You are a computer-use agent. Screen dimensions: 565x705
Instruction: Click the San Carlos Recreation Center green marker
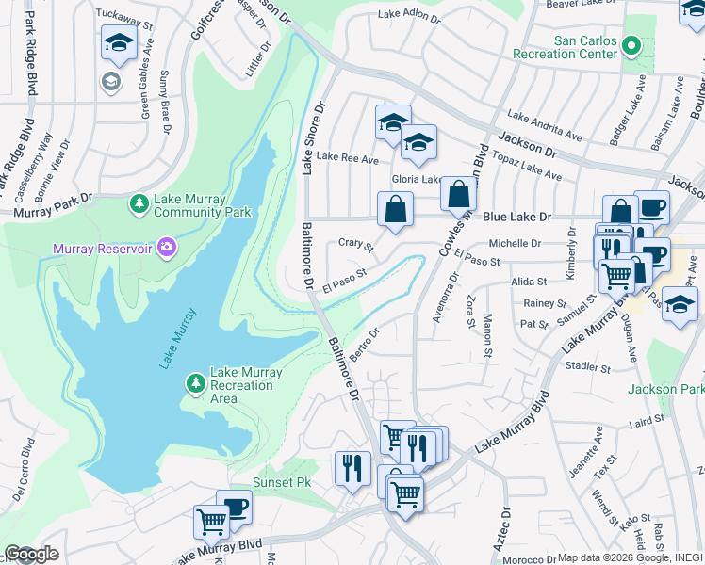pyautogui.click(x=631, y=44)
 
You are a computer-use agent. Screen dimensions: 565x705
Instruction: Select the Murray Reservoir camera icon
pyautogui.click(x=167, y=248)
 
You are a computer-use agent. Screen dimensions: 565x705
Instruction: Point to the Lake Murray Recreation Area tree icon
pyautogui.click(x=195, y=383)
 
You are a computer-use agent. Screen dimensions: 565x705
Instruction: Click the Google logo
pyautogui.click(x=31, y=554)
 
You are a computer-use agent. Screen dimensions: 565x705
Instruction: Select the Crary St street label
pyautogui.click(x=356, y=246)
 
